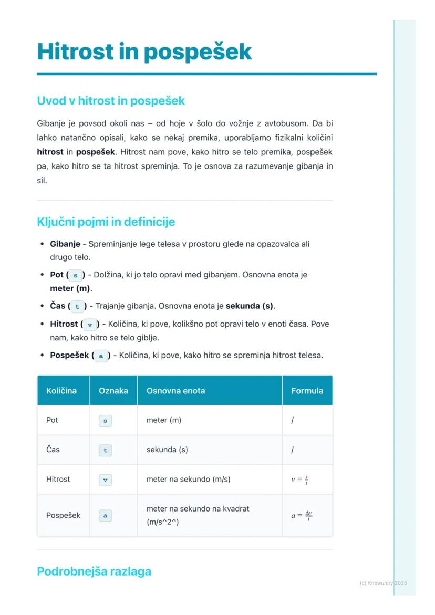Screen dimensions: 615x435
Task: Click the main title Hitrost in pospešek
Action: pyautogui.click(x=144, y=51)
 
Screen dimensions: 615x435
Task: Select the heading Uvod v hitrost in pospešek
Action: pyautogui.click(x=111, y=100)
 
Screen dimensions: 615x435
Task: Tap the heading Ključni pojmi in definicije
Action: pyautogui.click(x=106, y=222)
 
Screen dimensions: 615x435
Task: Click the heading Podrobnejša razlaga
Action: pyautogui.click(x=94, y=571)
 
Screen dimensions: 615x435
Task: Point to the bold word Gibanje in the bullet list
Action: pyautogui.click(x=65, y=244)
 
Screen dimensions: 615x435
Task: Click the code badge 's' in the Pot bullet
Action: pyautogui.click(x=76, y=275)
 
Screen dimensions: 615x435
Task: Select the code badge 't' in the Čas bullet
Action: pyautogui.click(x=77, y=306)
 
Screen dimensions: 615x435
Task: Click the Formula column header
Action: pyautogui.click(x=307, y=391)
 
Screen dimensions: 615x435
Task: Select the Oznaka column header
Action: pyautogui.click(x=113, y=391)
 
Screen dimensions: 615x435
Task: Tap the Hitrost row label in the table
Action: pyautogui.click(x=58, y=479)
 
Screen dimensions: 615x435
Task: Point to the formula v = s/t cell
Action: pyautogui.click(x=299, y=480)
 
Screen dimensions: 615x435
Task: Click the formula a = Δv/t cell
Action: pyautogui.click(x=302, y=515)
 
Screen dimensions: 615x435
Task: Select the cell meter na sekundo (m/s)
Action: pyautogui.click(x=188, y=479)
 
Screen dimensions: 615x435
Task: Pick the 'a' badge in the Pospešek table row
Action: pyautogui.click(x=105, y=516)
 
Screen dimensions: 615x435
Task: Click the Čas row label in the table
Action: pyautogui.click(x=53, y=450)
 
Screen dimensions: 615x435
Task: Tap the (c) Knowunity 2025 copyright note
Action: pyautogui.click(x=384, y=583)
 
